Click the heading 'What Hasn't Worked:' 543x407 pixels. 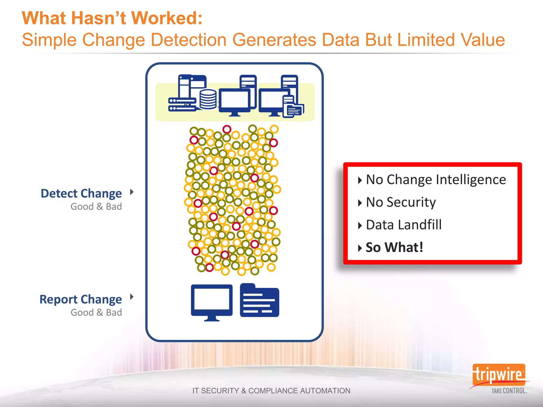click(112, 18)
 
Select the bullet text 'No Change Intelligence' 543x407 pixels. click(436, 180)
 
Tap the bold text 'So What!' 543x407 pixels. click(394, 247)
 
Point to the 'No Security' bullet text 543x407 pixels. click(401, 202)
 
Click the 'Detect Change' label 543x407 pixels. click(81, 193)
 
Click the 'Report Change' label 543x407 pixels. click(81, 299)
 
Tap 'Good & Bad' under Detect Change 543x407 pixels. click(96, 206)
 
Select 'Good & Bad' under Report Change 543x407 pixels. click(96, 312)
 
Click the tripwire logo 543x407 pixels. click(498, 374)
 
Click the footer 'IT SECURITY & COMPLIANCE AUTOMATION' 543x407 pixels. click(271, 391)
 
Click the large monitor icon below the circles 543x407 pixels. click(212, 302)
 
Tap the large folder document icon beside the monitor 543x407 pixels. click(259, 301)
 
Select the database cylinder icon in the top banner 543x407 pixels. click(208, 99)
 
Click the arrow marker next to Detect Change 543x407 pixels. click(132, 192)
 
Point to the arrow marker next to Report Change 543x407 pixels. click(132, 297)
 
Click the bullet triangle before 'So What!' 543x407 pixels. click(360, 248)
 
